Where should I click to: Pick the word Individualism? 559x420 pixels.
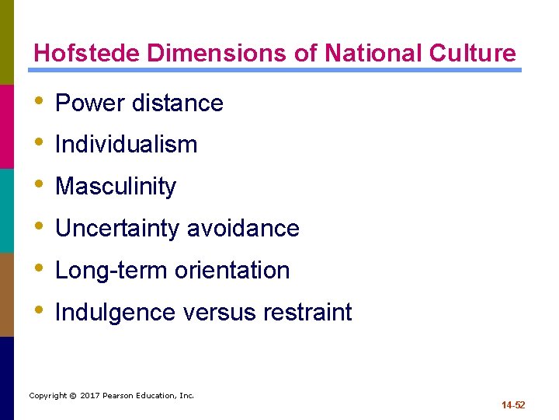pyautogui.click(x=127, y=145)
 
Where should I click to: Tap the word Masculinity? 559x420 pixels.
pyautogui.click(x=116, y=187)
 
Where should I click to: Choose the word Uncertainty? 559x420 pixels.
pyautogui.click(x=118, y=229)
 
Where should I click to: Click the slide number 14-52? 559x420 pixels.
pyautogui.click(x=513, y=405)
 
